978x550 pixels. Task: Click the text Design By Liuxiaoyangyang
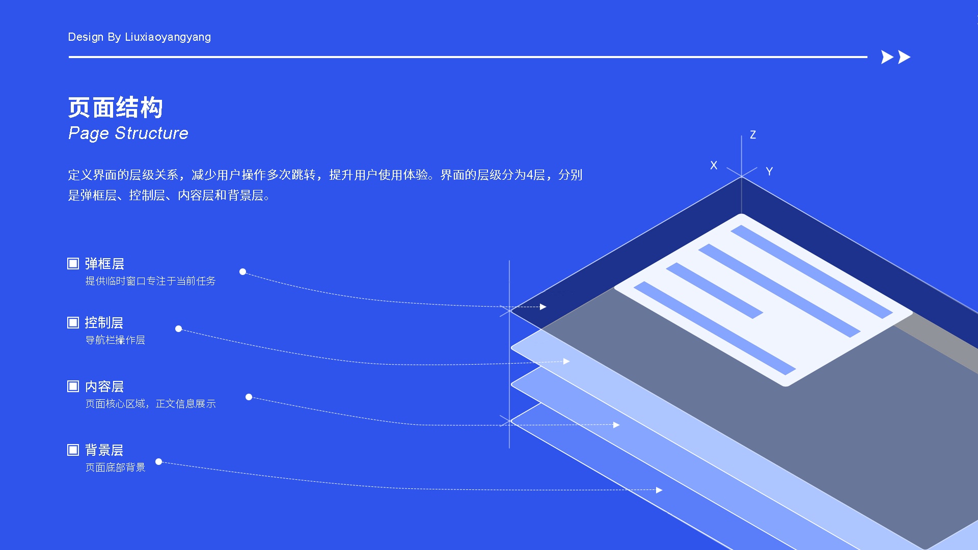point(139,37)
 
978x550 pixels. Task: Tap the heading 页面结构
point(116,107)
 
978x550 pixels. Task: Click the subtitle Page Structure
point(128,133)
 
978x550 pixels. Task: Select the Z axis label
point(753,135)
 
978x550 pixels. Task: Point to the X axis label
point(714,166)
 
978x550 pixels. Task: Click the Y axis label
point(769,172)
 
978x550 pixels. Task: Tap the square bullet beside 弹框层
point(73,263)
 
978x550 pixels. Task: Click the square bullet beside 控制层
point(73,322)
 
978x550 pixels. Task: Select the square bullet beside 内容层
point(73,386)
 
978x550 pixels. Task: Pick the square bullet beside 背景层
point(73,450)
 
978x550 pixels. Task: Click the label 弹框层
point(104,264)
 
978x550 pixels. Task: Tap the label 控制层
point(104,323)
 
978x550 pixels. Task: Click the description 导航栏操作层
point(115,340)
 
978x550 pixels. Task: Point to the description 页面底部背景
point(115,468)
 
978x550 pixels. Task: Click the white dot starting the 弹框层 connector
point(242,272)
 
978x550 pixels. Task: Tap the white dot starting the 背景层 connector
point(159,462)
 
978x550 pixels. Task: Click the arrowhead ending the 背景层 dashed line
point(659,490)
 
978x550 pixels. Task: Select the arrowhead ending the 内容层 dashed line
point(616,425)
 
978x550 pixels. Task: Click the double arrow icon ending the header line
point(895,57)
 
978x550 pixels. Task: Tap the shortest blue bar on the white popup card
point(714,291)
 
